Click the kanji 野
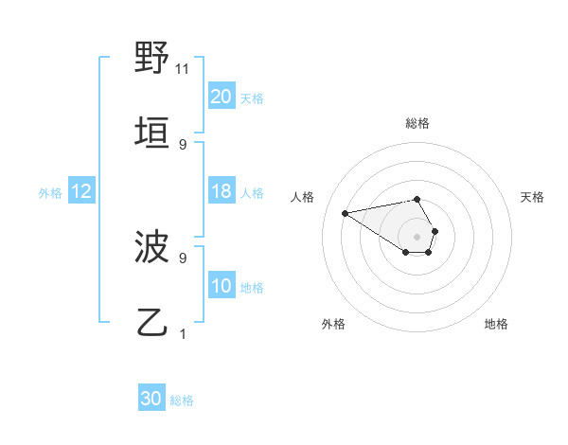[151, 59]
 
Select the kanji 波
[151, 248]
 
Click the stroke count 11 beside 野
[183, 69]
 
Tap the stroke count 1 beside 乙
[183, 333]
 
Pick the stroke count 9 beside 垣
[183, 144]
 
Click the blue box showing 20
[222, 97]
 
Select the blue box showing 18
[222, 192]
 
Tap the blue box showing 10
[222, 287]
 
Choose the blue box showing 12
[80, 192]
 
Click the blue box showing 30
[151, 399]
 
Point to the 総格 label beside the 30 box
[182, 400]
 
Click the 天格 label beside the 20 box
[252, 98]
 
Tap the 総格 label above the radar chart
[417, 123]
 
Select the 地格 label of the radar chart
[496, 324]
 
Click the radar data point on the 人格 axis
[346, 212]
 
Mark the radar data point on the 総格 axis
[417, 199]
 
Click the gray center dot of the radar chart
[417, 236]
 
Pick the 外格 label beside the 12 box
[50, 193]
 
